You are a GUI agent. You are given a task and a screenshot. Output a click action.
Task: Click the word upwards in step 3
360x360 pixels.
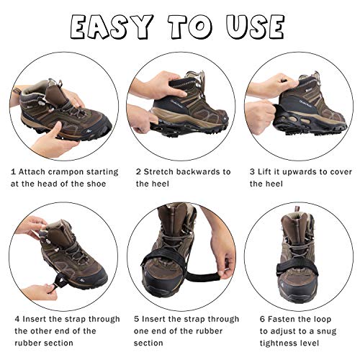click(312, 172)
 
